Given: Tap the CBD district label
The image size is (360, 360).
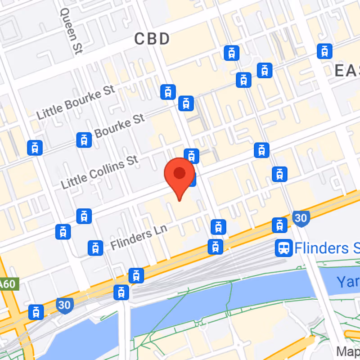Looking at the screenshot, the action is click(x=153, y=39).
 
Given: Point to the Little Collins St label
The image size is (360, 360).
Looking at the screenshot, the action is click(x=99, y=172).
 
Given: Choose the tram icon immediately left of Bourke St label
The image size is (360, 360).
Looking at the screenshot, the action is click(x=84, y=140).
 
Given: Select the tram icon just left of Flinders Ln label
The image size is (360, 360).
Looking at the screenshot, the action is click(x=95, y=247).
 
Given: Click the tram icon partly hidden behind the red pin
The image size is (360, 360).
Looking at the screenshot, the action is click(x=192, y=180).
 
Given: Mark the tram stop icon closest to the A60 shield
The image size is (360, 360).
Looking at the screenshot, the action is click(x=36, y=312).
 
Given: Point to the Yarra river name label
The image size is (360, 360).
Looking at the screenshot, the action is click(x=348, y=282).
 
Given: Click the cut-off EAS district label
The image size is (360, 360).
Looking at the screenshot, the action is click(x=347, y=70).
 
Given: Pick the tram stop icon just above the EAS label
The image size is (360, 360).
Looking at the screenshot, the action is click(x=324, y=51).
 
